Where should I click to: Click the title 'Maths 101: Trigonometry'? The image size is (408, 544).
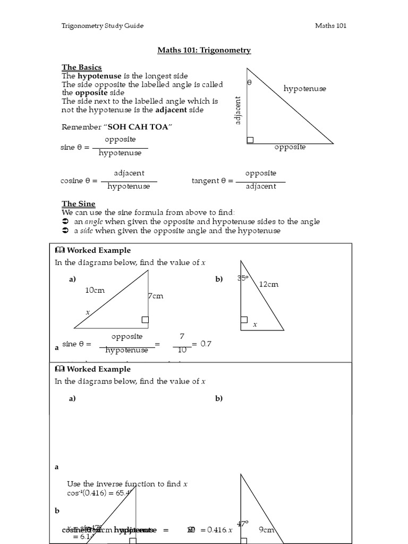click(x=203, y=50)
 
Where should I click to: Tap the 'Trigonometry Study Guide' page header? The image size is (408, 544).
click(x=103, y=25)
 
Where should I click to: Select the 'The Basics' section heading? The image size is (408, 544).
click(x=81, y=67)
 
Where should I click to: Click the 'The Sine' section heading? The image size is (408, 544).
click(x=78, y=204)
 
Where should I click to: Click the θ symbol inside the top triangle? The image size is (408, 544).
click(x=250, y=83)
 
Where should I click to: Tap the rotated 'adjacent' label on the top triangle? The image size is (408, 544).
click(x=238, y=110)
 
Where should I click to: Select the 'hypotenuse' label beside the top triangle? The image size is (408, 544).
click(x=304, y=88)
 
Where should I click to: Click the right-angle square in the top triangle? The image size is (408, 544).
click(x=250, y=140)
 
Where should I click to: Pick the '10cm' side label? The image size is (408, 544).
click(x=95, y=290)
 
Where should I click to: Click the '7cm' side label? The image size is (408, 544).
click(x=155, y=296)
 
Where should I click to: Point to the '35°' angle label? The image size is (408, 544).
click(x=243, y=278)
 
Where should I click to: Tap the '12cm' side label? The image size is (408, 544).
click(x=268, y=284)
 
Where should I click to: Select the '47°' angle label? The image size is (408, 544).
click(x=243, y=523)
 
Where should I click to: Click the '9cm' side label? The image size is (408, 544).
click(x=266, y=529)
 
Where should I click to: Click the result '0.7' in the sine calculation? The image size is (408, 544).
click(x=205, y=344)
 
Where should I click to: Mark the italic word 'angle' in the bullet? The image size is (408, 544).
click(x=95, y=222)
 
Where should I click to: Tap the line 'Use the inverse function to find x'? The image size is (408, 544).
click(x=127, y=484)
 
